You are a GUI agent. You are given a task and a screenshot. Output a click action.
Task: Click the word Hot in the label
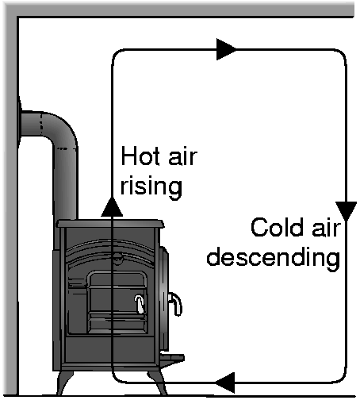pyautogui.click(x=140, y=156)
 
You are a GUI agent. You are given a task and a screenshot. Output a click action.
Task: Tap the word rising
pyautogui.click(x=151, y=187)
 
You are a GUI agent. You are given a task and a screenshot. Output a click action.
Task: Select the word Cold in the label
pyautogui.click(x=277, y=227)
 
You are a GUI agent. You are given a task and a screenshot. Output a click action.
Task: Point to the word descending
pyautogui.click(x=274, y=257)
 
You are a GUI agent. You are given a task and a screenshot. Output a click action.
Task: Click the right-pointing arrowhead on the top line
pyautogui.click(x=226, y=49)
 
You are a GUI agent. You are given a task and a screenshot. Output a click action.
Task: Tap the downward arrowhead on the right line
pyautogui.click(x=346, y=211)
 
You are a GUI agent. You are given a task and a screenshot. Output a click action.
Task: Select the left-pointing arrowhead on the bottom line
pyautogui.click(x=224, y=383)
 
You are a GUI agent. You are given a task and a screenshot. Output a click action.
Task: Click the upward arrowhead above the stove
pyautogui.click(x=112, y=207)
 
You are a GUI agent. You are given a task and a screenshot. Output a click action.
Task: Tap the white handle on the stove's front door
pyautogui.click(x=140, y=304)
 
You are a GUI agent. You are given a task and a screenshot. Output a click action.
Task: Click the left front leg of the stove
pyautogui.click(x=64, y=383)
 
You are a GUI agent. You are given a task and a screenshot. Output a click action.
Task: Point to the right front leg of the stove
pyautogui.click(x=158, y=383)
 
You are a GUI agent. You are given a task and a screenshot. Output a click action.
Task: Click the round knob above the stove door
pyautogui.click(x=117, y=256)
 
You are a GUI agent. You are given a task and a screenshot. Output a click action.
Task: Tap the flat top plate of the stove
pyautogui.click(x=110, y=224)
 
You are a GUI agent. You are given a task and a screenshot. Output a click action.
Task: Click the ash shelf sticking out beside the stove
pyautogui.click(x=172, y=358)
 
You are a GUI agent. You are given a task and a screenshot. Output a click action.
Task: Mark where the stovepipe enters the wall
pyautogui.click(x=20, y=124)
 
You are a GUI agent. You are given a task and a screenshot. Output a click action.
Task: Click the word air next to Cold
pyautogui.click(x=326, y=228)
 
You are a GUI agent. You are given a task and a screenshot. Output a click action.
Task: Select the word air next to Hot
pyautogui.click(x=182, y=156)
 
